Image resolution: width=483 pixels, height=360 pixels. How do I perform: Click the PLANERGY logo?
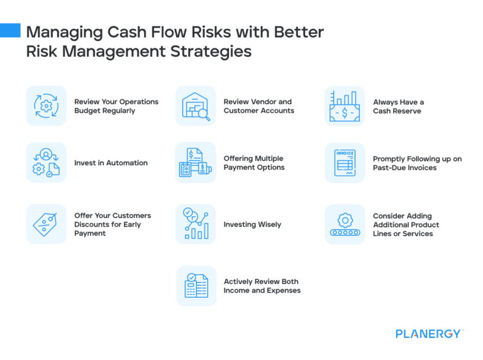[429, 334]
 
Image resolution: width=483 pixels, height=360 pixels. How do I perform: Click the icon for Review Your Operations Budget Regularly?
[46, 106]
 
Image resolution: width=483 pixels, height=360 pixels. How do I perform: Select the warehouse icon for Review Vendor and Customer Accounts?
[196, 106]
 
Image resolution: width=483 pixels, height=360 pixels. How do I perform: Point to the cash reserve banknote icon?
[345, 106]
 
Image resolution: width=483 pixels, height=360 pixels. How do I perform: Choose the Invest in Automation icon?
[46, 163]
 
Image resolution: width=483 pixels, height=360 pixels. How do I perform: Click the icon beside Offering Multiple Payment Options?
[196, 163]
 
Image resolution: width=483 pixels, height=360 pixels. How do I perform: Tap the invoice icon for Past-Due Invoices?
[345, 163]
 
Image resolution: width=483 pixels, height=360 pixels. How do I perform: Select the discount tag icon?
[46, 224]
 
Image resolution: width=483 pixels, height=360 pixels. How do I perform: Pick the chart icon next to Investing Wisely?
[196, 224]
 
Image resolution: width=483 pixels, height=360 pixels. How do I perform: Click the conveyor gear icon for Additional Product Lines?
[345, 224]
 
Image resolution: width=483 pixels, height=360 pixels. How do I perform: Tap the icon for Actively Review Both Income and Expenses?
[196, 285]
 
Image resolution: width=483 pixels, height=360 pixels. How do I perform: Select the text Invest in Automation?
[111, 163]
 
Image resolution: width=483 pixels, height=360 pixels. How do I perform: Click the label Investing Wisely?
[252, 224]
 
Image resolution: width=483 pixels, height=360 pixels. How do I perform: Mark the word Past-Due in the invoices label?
[389, 168]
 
